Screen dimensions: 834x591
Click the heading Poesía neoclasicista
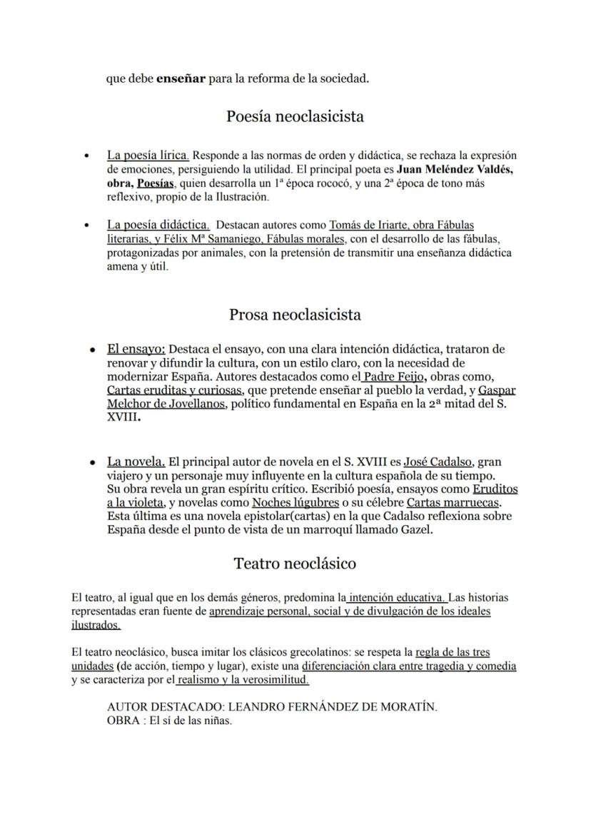(x=295, y=116)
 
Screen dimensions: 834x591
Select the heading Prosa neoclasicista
(x=295, y=315)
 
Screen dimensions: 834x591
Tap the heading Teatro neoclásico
(x=295, y=564)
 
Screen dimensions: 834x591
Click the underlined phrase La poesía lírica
(x=148, y=155)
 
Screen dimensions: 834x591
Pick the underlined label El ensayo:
(x=136, y=350)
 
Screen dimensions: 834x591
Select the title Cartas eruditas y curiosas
(x=175, y=390)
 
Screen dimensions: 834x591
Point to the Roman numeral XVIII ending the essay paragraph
(x=121, y=418)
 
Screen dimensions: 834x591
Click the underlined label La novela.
(x=136, y=462)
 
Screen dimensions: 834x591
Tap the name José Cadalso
(x=438, y=462)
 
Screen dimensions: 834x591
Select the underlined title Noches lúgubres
(x=295, y=503)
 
